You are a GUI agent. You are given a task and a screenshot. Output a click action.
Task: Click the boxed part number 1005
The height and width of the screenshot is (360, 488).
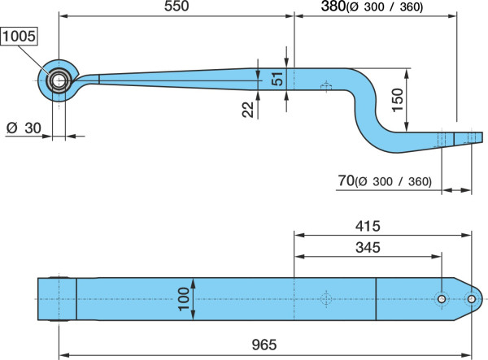point(19,37)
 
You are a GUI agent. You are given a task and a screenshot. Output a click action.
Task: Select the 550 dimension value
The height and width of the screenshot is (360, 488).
point(176,6)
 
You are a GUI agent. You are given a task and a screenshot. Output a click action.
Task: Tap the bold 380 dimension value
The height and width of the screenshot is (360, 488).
point(333,7)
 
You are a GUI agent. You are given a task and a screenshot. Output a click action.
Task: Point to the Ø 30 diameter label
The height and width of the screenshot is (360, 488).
point(24,128)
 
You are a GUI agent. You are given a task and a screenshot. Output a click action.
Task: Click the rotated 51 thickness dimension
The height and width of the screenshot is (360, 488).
point(277,79)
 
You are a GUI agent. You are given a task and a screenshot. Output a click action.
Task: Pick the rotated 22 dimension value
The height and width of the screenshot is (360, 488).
point(248,110)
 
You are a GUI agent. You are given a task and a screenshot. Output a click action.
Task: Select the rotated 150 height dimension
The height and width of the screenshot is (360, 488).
point(398,100)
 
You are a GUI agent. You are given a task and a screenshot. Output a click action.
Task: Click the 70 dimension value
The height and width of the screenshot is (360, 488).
point(346,180)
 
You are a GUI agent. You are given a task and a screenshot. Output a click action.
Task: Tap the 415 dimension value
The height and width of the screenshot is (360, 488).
point(368,226)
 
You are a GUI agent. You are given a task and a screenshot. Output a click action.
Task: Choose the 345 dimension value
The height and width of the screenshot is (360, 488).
point(368,248)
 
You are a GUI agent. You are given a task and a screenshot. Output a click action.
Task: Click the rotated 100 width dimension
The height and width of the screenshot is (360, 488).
point(184,299)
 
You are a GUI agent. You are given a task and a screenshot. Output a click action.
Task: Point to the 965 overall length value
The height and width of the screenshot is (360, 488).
point(264,345)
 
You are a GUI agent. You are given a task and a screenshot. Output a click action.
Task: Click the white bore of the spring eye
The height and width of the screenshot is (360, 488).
point(59,81)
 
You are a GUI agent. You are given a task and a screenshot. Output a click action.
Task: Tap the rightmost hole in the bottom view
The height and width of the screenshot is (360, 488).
point(472,299)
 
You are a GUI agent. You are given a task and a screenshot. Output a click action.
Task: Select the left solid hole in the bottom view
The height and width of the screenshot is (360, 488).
point(442,299)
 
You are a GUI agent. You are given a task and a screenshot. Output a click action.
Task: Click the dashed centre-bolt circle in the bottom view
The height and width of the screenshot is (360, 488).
point(326,299)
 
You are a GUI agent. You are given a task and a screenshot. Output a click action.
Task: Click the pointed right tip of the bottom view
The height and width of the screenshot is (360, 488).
point(482,299)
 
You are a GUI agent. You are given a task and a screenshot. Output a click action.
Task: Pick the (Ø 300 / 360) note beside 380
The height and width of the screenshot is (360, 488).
point(385,7)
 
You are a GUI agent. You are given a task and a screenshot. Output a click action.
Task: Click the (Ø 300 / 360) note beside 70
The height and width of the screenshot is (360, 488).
point(393,181)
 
